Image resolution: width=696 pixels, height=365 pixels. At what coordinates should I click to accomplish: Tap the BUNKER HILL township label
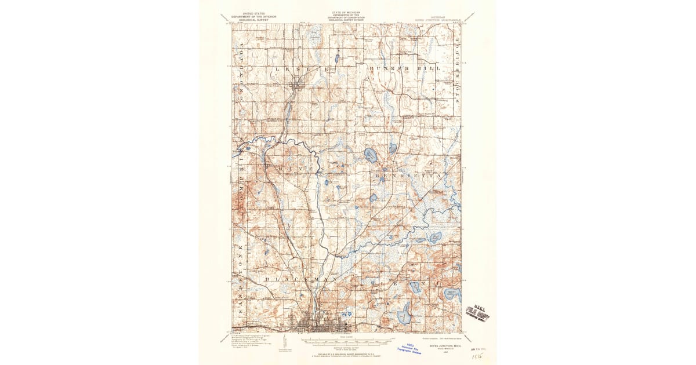tap(404, 68)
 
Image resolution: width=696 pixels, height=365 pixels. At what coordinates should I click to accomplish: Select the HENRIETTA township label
tap(411, 174)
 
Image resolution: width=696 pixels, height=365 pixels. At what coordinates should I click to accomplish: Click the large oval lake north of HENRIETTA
tap(370, 154)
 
